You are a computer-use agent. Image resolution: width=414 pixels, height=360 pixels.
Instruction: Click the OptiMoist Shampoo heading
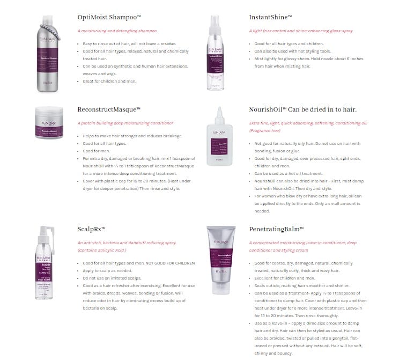[x=109, y=17]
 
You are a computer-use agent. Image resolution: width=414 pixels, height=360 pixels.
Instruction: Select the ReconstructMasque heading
[x=109, y=109]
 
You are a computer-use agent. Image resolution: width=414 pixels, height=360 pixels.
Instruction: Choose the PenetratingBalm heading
[x=276, y=229]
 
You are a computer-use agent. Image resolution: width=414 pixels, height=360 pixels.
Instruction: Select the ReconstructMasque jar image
[x=49, y=123]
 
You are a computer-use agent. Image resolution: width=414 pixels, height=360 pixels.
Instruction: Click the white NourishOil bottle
[x=219, y=138]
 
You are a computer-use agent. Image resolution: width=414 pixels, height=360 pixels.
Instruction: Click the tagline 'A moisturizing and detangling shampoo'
[x=117, y=31]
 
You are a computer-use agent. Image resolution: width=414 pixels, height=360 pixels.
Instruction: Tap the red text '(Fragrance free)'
[x=264, y=130]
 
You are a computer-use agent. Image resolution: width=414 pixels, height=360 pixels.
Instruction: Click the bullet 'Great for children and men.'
[x=109, y=81]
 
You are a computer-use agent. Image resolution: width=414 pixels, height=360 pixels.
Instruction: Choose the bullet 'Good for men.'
[x=97, y=151]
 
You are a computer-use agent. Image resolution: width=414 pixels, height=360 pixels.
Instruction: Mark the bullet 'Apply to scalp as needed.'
[x=107, y=270]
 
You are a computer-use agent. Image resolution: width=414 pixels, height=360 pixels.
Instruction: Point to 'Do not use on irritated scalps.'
[x=112, y=278]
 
